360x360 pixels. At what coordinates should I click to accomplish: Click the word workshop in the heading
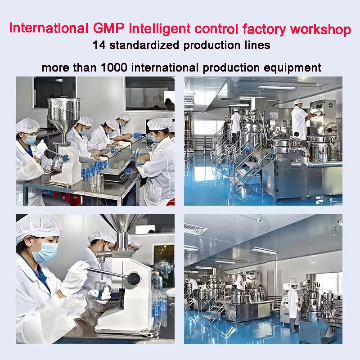[321, 30]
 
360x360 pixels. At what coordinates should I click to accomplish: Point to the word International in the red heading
[48, 29]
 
